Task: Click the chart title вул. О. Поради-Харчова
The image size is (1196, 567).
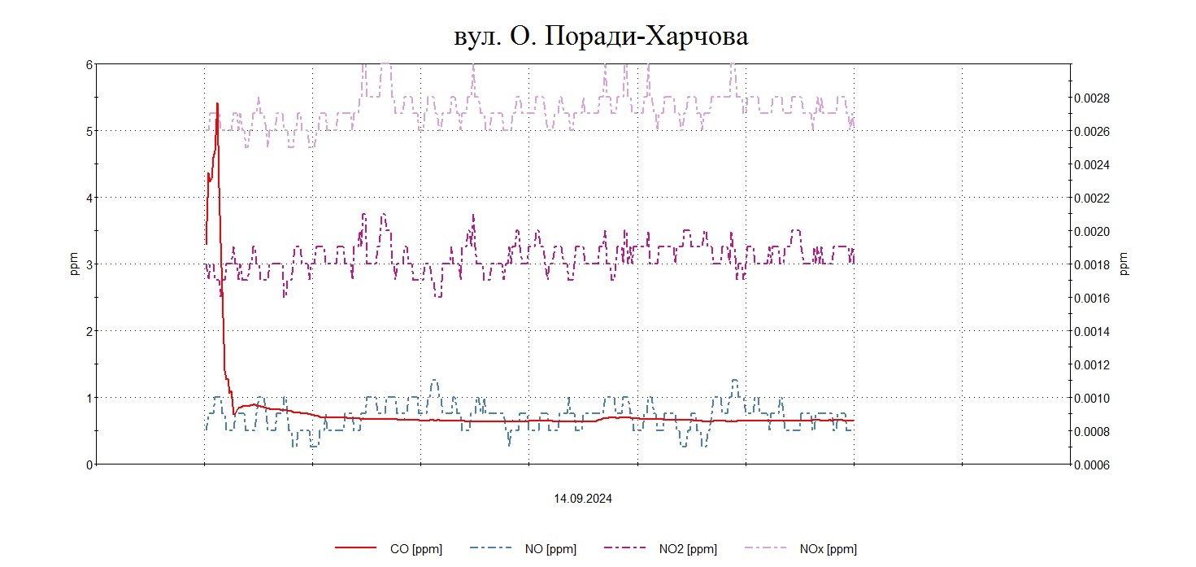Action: coord(601,37)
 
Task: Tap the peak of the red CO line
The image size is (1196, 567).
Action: coord(217,104)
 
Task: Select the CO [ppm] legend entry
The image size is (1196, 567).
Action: coord(415,549)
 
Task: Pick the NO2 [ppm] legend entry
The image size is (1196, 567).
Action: coord(688,549)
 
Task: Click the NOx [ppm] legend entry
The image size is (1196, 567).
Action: coord(828,549)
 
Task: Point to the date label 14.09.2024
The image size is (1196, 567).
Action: coord(583,499)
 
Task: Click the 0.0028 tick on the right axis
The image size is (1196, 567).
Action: coord(1093,98)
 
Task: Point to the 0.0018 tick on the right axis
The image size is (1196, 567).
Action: coord(1093,265)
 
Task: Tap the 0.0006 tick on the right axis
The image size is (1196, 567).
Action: coord(1093,465)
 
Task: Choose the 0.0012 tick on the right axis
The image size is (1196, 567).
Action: coord(1093,365)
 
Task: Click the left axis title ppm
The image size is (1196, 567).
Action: coord(74,264)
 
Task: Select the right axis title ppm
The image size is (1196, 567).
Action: coord(1124,264)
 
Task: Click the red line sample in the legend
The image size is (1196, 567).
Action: coord(356,549)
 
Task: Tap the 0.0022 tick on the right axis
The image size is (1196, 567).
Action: coord(1093,198)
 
